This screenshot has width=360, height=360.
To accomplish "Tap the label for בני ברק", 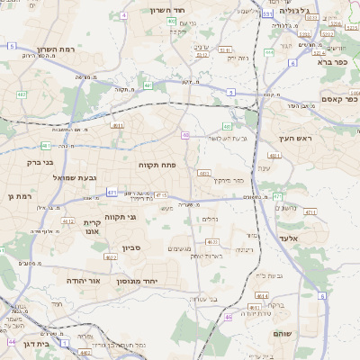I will click(37, 165).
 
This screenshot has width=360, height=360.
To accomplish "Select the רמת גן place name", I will click(19, 196).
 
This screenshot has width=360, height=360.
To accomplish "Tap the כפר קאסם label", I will click(337, 99).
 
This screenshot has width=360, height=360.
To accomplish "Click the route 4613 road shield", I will click(212, 242).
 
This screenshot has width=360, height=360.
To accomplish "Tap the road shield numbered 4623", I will click(111, 257).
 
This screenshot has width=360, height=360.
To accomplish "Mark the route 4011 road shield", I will click(118, 126).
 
